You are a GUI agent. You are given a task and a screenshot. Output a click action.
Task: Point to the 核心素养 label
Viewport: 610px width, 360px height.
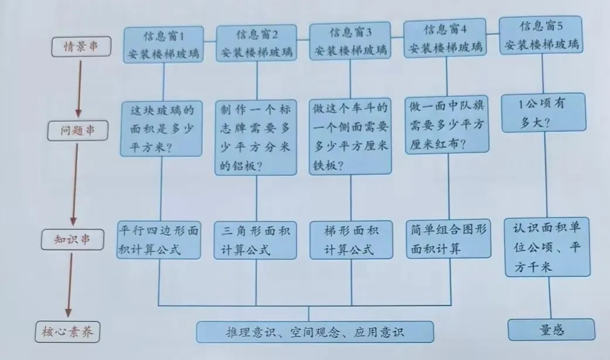coord(67,333)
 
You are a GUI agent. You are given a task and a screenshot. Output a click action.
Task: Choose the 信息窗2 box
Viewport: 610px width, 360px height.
coord(257,44)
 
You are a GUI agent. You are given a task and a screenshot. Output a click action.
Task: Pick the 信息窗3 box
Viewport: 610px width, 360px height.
coord(350,41)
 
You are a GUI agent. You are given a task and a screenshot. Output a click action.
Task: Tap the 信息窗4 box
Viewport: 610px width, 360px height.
coord(445,39)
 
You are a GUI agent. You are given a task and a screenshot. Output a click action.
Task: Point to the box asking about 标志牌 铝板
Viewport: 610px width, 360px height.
coord(255,137)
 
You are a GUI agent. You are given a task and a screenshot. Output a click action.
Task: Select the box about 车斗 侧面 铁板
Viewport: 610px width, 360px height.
coord(350,136)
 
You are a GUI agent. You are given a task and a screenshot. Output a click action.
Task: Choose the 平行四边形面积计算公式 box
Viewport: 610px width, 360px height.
coord(158,240)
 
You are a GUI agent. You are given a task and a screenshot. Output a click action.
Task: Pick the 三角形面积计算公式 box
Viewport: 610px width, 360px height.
coord(255,239)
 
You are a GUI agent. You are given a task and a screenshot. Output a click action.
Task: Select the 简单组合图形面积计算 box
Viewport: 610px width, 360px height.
coord(448,239)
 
